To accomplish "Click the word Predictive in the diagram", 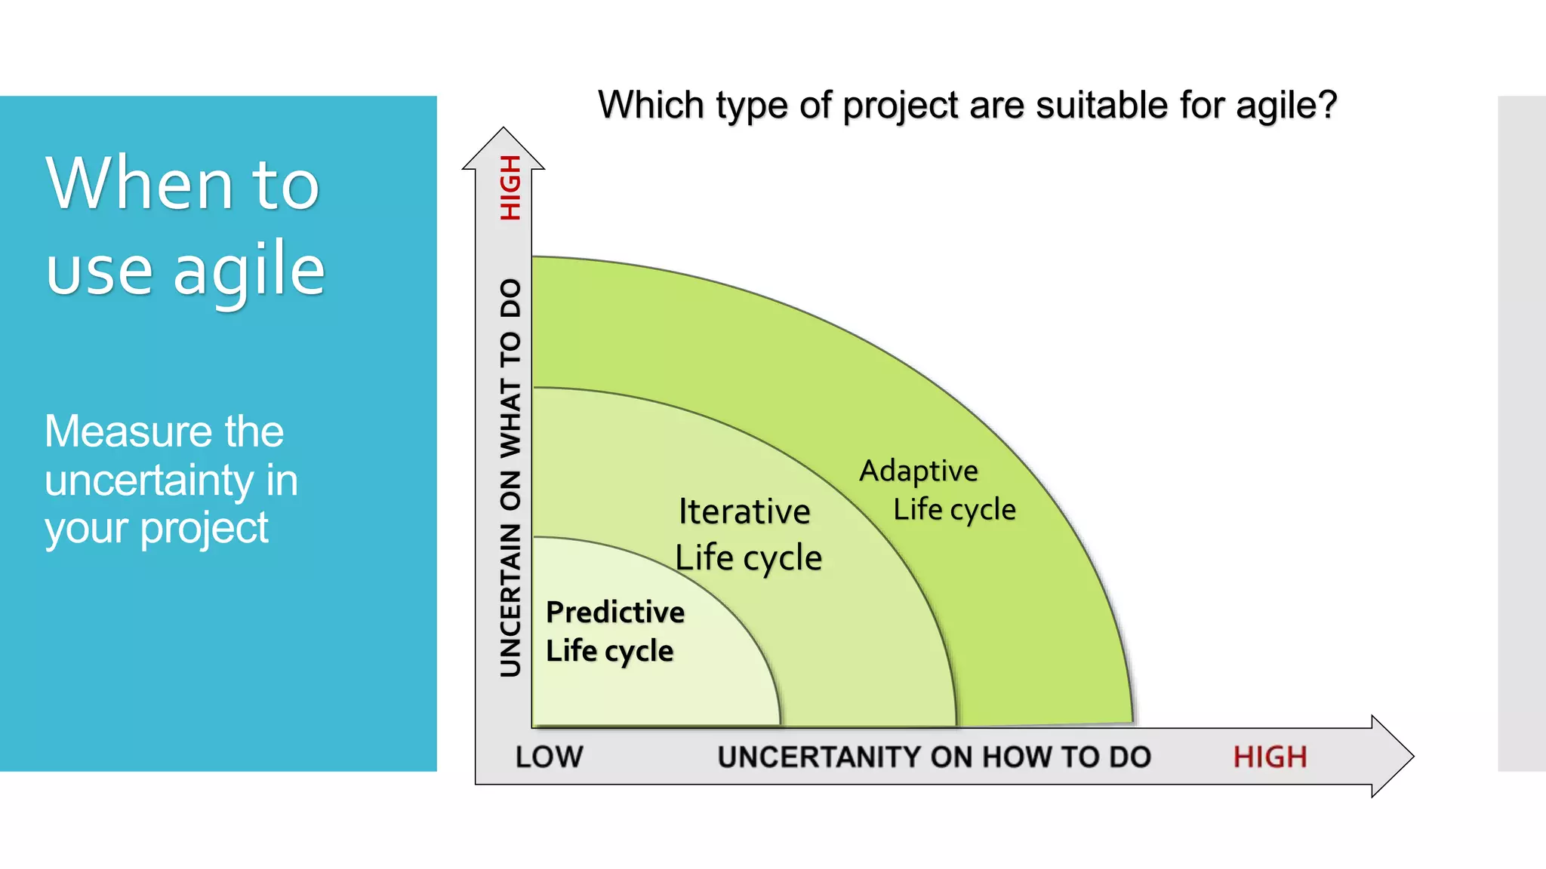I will coord(614,612).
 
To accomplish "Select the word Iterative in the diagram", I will coord(744,511).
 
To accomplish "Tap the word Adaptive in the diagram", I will coord(919,471).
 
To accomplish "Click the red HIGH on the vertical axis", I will coord(511,188).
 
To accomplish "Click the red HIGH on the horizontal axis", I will coord(1270,757).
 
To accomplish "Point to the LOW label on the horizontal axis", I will coord(549,757).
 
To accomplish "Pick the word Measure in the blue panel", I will coord(126,431).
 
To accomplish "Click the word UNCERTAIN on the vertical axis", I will coord(511,600).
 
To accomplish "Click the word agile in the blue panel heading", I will coord(249,270).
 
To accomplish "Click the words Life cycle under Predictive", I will coord(609,651).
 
